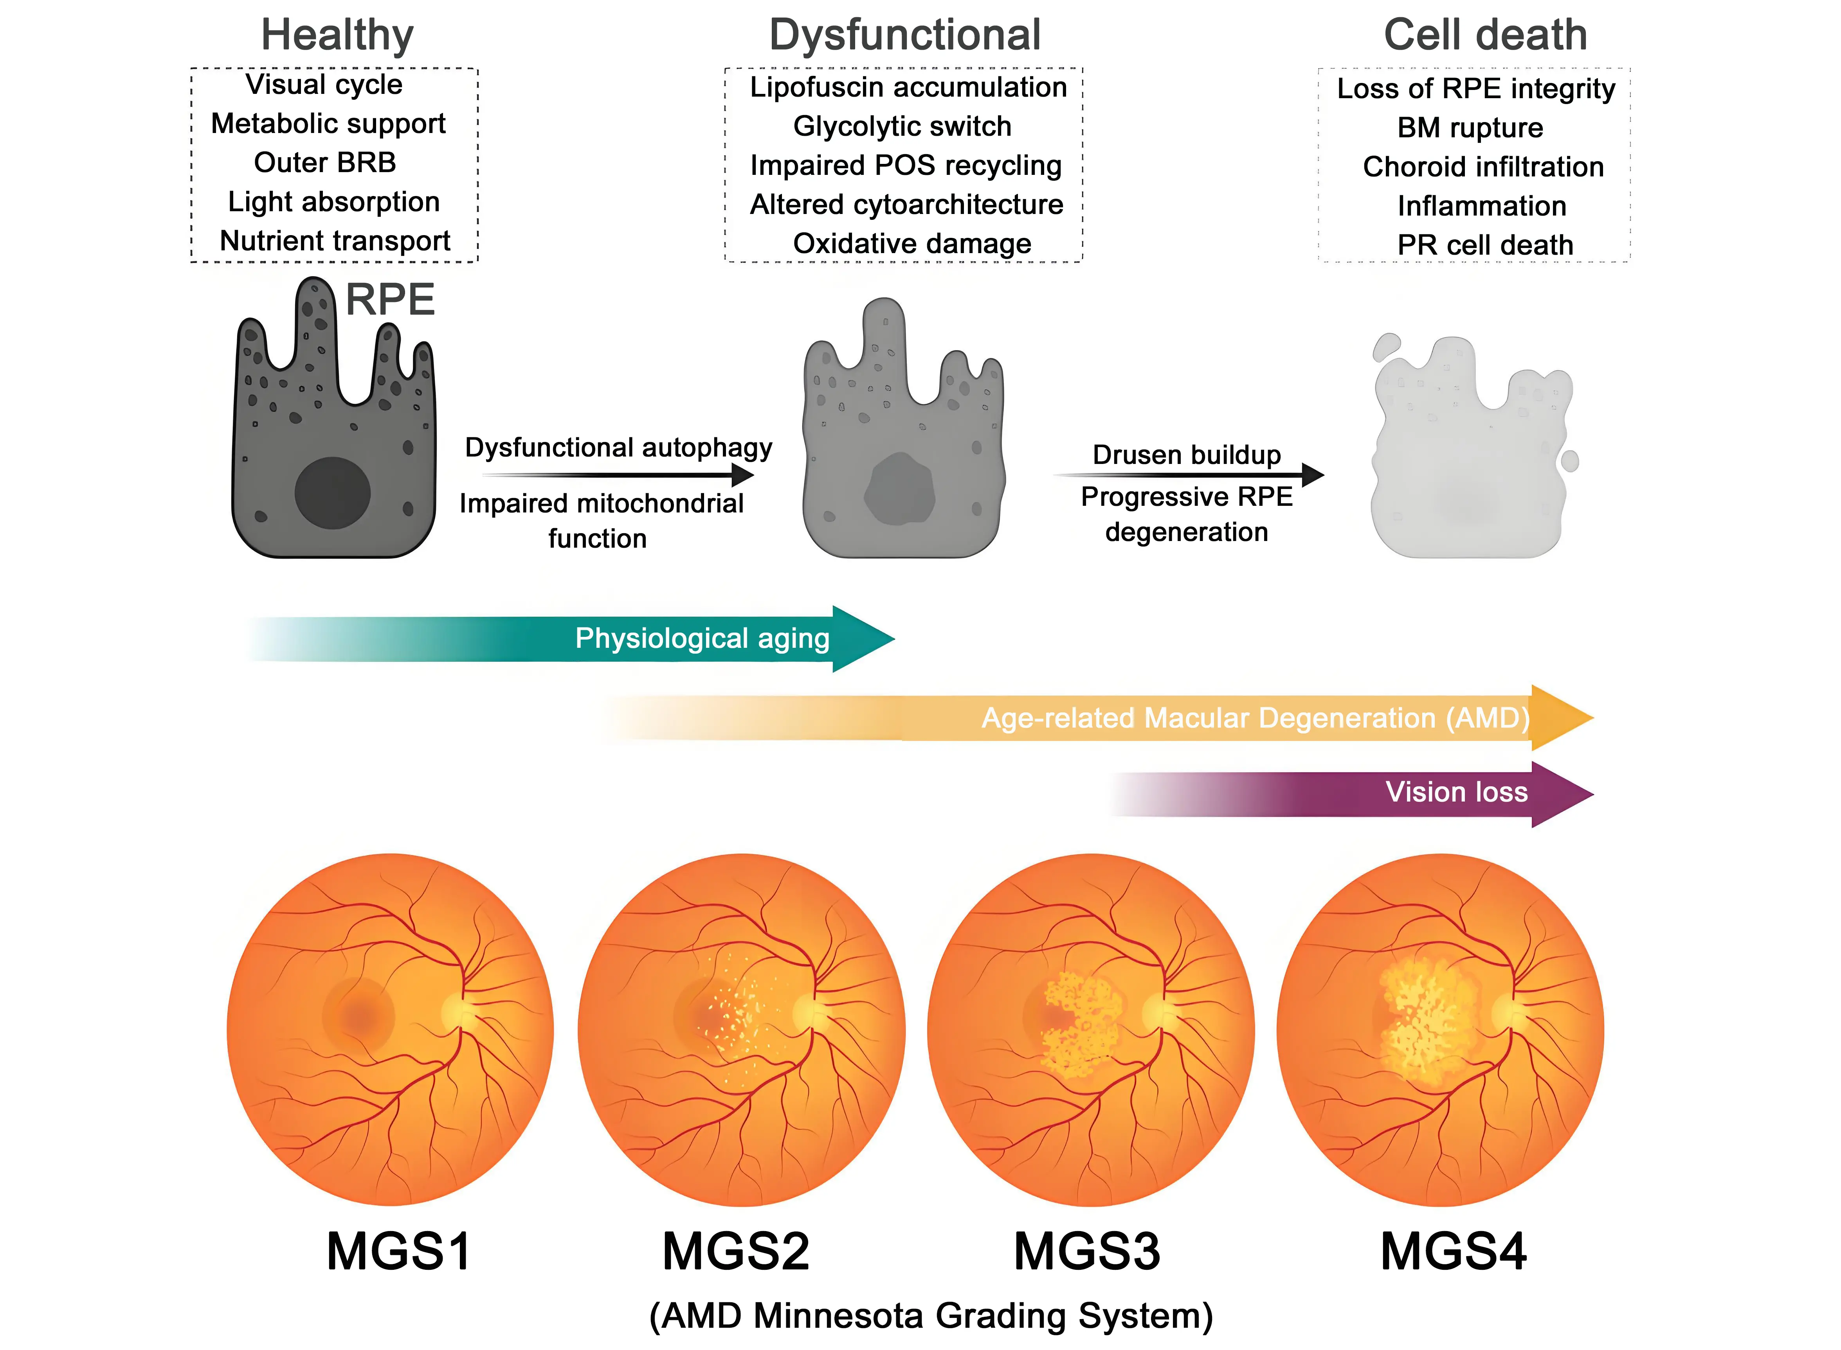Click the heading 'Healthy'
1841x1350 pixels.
337,35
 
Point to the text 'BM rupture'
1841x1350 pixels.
1470,128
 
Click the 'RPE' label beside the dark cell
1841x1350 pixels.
390,300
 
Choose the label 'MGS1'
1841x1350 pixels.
399,1251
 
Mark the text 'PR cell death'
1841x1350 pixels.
1484,245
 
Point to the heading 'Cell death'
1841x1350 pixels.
1484,35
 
